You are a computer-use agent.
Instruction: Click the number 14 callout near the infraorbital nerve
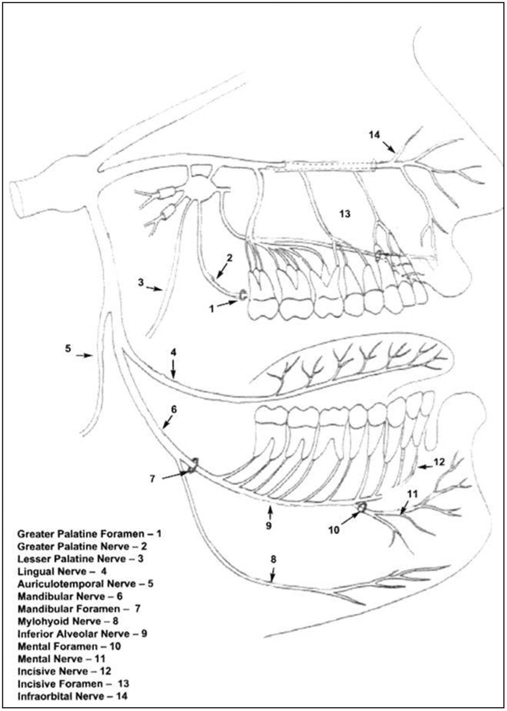[374, 135]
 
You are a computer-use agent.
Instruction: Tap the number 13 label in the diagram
[345, 214]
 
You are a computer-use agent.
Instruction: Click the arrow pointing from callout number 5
[84, 355]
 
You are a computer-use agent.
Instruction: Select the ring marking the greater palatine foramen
[243, 295]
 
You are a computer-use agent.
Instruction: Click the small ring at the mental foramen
[362, 507]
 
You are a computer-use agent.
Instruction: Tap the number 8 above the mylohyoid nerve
[273, 559]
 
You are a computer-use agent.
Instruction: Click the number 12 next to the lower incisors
[439, 461]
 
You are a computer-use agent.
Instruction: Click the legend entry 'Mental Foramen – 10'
[69, 646]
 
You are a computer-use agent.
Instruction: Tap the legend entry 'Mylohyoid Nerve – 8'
[68, 621]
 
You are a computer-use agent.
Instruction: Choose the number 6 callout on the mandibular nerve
[174, 409]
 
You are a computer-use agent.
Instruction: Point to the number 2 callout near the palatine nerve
[229, 258]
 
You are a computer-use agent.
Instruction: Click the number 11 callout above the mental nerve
[413, 494]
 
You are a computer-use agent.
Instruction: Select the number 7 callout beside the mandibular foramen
[152, 479]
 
